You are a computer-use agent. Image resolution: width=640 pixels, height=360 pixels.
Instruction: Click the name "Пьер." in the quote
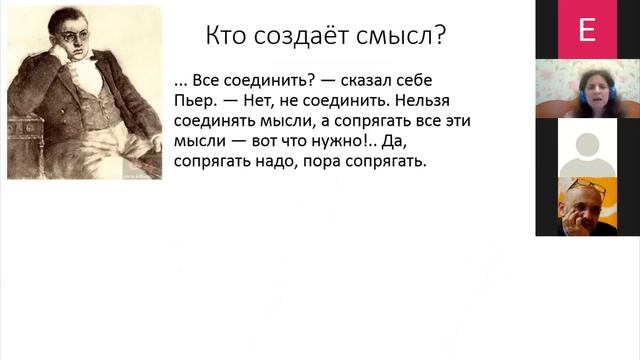193,101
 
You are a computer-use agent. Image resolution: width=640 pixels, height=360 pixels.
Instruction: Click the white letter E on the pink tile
586,31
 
